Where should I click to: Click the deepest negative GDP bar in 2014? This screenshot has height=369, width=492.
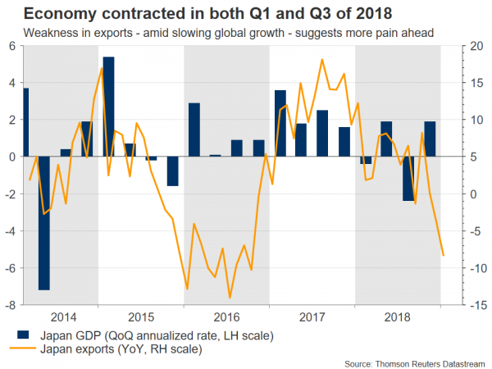tap(43, 222)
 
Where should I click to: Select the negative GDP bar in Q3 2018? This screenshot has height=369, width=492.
tap(408, 178)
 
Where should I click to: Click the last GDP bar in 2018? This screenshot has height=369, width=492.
tap(429, 139)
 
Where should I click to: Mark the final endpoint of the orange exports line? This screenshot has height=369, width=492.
tap(444, 255)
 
